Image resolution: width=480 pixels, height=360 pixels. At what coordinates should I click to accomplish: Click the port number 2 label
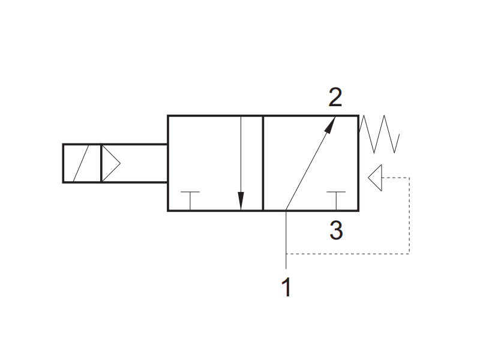click(335, 97)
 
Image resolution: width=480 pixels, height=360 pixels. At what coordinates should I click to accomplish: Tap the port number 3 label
click(336, 230)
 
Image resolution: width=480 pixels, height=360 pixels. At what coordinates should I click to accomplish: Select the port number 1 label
click(286, 287)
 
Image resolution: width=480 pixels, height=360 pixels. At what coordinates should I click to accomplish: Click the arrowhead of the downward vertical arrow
click(241, 201)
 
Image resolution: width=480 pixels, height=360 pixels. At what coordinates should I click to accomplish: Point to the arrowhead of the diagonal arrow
click(330, 125)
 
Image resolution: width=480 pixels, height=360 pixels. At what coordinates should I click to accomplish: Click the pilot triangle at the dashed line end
click(375, 178)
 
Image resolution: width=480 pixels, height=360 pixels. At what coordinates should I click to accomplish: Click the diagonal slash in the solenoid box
click(81, 163)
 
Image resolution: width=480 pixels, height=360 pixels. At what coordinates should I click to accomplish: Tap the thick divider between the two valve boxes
click(263, 163)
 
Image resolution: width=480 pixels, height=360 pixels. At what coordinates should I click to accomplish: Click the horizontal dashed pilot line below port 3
click(348, 254)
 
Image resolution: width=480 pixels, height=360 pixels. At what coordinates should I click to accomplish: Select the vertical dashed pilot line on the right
click(409, 215)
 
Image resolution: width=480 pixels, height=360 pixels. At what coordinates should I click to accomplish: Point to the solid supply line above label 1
click(286, 239)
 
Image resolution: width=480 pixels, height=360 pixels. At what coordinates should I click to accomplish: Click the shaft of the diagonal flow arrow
click(310, 163)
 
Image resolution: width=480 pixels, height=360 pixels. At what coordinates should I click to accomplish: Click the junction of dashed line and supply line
click(286, 254)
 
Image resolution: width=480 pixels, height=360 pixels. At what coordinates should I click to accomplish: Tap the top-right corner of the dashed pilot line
click(409, 178)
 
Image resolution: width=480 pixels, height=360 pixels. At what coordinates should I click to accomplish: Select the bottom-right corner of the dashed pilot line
click(409, 254)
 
